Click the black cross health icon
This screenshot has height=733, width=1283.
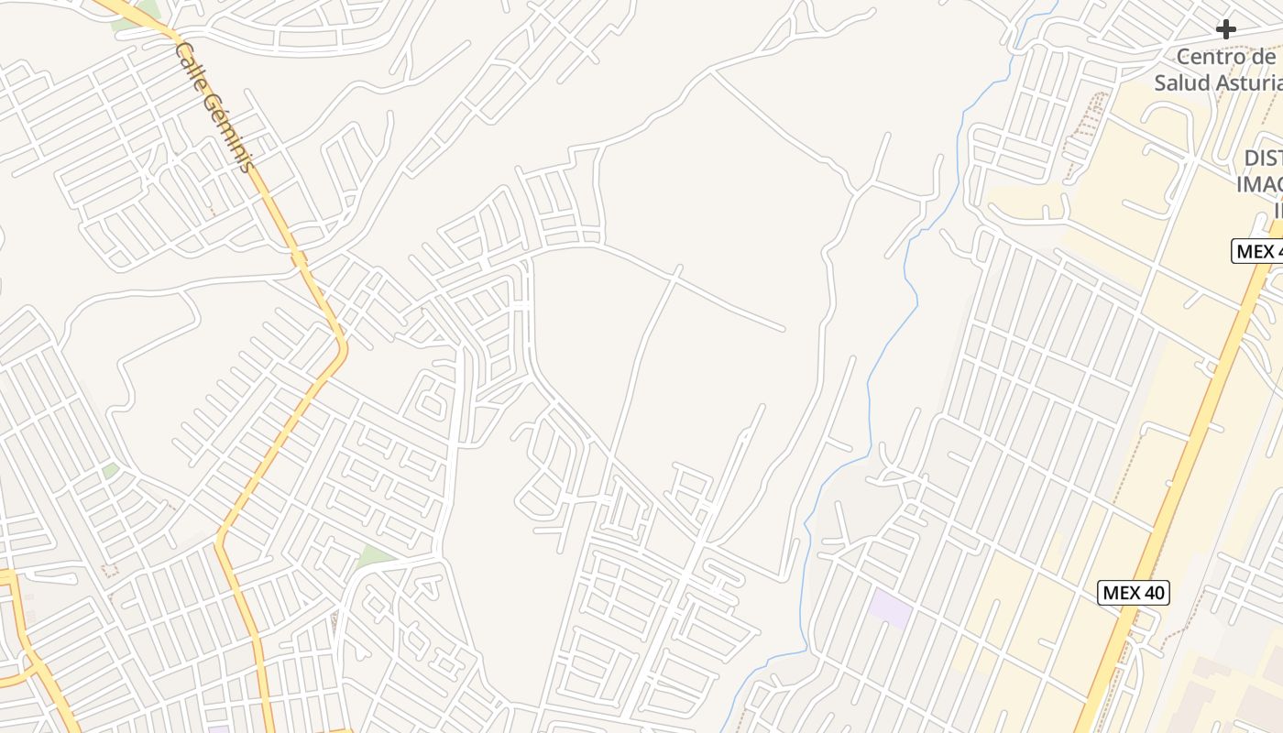tap(1225, 29)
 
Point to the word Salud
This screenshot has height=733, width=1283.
tap(1180, 82)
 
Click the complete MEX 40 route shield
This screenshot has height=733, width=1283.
tap(1133, 593)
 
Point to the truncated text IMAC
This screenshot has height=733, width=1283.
tap(1259, 184)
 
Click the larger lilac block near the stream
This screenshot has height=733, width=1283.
tap(889, 608)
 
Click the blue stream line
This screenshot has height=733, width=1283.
tap(869, 385)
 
